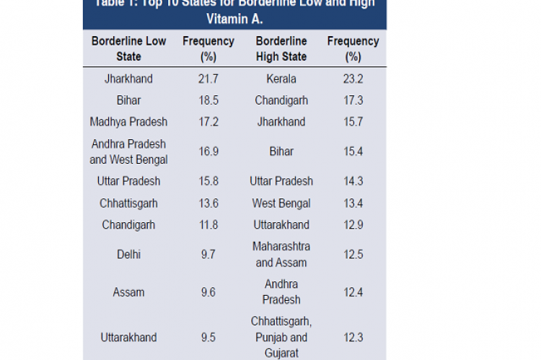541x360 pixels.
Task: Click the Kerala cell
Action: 281,79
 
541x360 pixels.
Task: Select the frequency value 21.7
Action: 208,79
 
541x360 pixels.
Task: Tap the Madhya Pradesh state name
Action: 128,122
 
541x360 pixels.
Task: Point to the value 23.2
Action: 353,79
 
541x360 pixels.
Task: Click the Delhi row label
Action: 128,254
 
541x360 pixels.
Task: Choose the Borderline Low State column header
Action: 128,48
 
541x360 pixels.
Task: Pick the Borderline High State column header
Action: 281,48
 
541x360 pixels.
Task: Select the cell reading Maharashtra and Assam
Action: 281,255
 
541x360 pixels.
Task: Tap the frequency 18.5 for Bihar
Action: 208,100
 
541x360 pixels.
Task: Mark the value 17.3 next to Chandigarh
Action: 353,100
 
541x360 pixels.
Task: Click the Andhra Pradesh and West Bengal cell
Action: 128,152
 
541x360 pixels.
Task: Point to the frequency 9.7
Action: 208,254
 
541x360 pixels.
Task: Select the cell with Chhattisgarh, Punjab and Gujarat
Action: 281,337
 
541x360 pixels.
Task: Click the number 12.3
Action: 353,337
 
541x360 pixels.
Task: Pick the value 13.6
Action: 208,203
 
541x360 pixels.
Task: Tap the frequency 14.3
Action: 353,181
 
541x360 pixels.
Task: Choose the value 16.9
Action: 208,152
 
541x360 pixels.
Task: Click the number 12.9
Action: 353,225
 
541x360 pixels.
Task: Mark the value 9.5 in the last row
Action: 208,337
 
